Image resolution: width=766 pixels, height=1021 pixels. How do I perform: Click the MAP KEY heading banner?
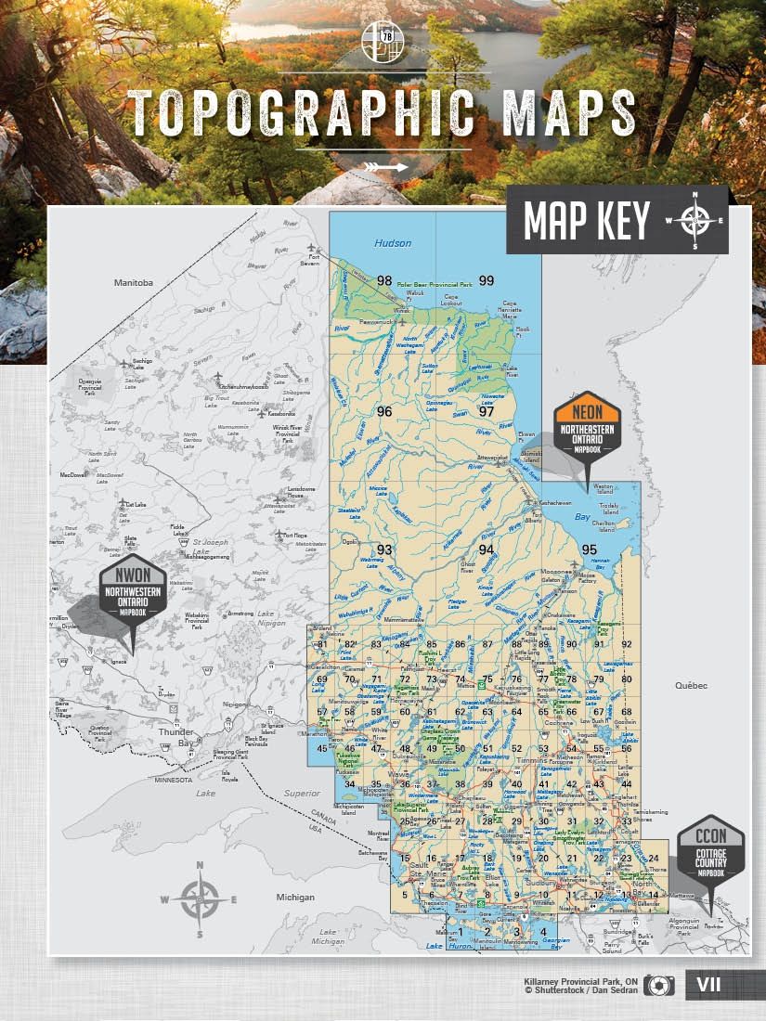pyautogui.click(x=617, y=221)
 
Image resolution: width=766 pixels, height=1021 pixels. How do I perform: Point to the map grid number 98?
pyautogui.click(x=384, y=280)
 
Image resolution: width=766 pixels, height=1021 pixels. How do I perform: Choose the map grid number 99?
pyautogui.click(x=486, y=280)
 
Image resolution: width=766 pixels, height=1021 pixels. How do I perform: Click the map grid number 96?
pyautogui.click(x=384, y=410)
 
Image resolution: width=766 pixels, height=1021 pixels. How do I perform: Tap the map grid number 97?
pyautogui.click(x=486, y=410)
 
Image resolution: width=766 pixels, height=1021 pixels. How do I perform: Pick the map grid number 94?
pyautogui.click(x=486, y=549)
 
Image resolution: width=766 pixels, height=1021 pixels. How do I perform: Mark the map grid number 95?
pyautogui.click(x=589, y=549)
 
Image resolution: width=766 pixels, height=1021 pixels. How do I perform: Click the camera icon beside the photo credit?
pyautogui.click(x=660, y=986)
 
